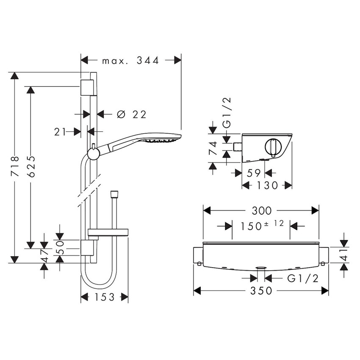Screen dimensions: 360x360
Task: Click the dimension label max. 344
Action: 130,61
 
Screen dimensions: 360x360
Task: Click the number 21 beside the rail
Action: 60,132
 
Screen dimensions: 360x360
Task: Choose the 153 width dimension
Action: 104,297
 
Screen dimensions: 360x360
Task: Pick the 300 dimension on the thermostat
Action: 261,210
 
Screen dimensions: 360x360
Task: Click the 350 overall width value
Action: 261,291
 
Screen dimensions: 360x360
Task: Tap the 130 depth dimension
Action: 267,185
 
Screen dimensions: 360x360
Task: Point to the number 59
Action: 253,173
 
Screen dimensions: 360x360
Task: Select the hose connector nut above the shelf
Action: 113,195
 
